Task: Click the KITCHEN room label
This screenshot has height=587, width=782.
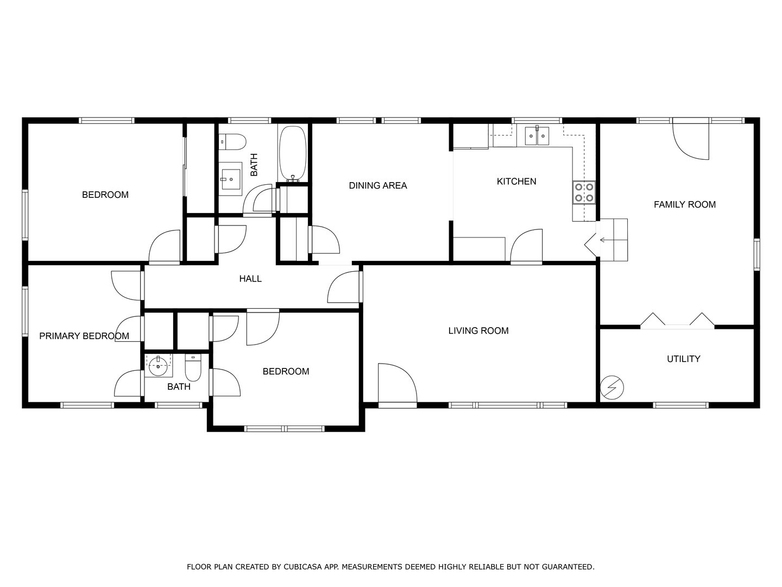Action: tap(516, 182)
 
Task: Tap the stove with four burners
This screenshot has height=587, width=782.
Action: tap(584, 192)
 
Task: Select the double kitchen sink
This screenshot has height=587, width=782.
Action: tap(537, 136)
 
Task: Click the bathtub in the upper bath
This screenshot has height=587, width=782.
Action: tap(293, 153)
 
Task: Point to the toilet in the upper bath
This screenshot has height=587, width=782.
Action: tap(232, 142)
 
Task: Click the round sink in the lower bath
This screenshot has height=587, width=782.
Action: tap(158, 366)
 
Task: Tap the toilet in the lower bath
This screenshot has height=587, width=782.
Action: tap(193, 368)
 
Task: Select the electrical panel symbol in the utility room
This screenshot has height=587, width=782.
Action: tap(612, 388)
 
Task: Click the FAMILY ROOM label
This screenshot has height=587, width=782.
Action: tap(684, 205)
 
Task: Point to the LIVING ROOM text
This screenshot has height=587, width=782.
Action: tap(478, 330)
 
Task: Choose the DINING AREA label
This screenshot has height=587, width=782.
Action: tap(377, 186)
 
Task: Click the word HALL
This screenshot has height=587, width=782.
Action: tap(250, 279)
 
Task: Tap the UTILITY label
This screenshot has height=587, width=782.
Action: tap(683, 359)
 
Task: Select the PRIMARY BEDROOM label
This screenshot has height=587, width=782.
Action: tap(84, 336)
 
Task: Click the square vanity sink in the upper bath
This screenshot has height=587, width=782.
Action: tap(231, 179)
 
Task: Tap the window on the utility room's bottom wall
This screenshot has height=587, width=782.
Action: tap(680, 405)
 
